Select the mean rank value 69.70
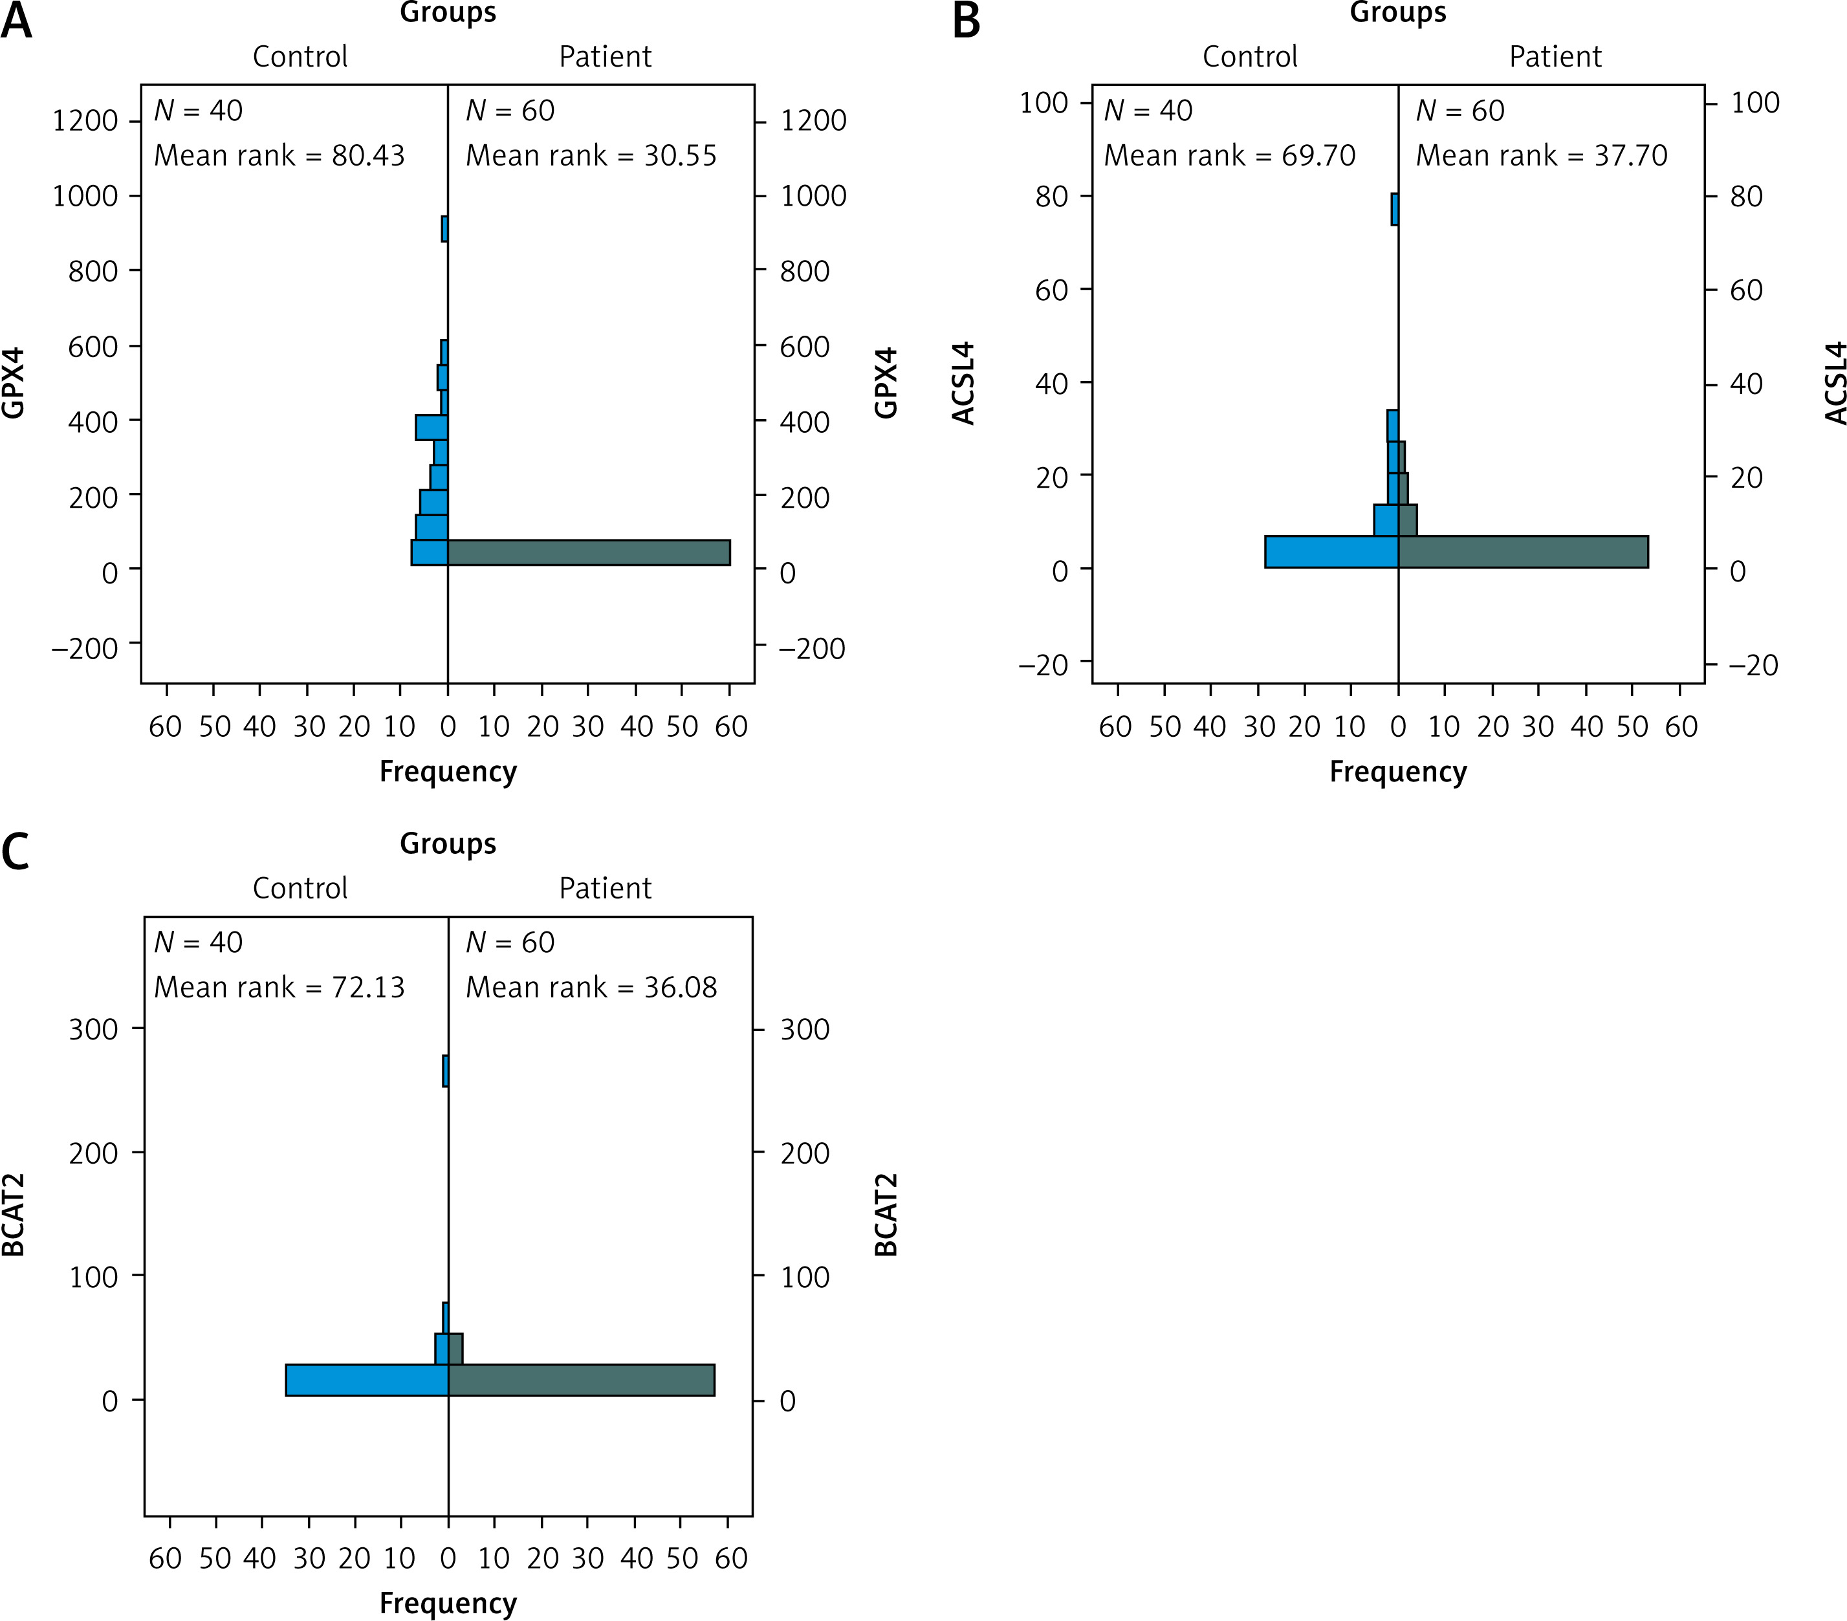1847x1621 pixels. point(1318,155)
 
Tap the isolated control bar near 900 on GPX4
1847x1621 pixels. point(444,228)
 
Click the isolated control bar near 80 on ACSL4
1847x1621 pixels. point(1394,209)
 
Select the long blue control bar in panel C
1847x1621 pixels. point(367,1380)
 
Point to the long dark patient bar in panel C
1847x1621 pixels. point(581,1380)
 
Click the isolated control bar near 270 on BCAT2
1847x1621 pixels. point(446,1071)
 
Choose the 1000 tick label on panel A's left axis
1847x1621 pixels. point(85,196)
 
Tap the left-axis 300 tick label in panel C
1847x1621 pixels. point(93,1029)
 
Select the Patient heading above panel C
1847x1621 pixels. point(604,888)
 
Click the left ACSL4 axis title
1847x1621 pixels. point(964,383)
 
